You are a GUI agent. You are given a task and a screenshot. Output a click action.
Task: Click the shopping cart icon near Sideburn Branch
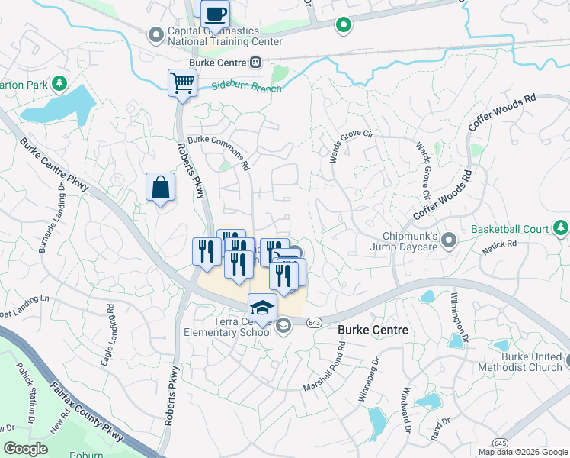coord(182,82)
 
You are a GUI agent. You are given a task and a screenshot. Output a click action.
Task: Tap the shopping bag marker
coord(161,187)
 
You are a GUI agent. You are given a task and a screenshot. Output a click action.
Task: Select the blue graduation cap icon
coord(262,307)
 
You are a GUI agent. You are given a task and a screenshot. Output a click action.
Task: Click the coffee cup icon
coord(215,13)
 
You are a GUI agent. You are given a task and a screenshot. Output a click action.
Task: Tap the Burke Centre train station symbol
coord(257,63)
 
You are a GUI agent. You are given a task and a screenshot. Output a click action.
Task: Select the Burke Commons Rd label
coord(219,152)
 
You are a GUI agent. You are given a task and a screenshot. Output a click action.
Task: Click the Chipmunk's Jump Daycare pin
coord(449,240)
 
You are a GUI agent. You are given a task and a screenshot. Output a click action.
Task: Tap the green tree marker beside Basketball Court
coord(562,227)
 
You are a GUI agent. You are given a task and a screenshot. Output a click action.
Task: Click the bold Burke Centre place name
coord(373,330)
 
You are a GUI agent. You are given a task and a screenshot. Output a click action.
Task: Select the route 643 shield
coord(314,323)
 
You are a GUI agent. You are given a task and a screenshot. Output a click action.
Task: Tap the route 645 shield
coord(500,442)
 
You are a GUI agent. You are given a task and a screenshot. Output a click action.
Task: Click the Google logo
coord(26,449)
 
